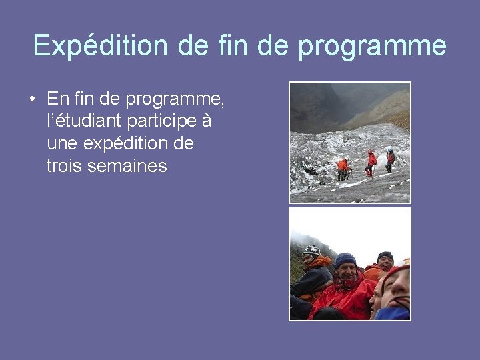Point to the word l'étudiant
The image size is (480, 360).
tap(81, 122)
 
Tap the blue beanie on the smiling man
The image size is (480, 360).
tap(345, 259)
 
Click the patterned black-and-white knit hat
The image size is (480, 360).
tap(311, 251)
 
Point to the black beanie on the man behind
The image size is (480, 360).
tap(385, 256)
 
